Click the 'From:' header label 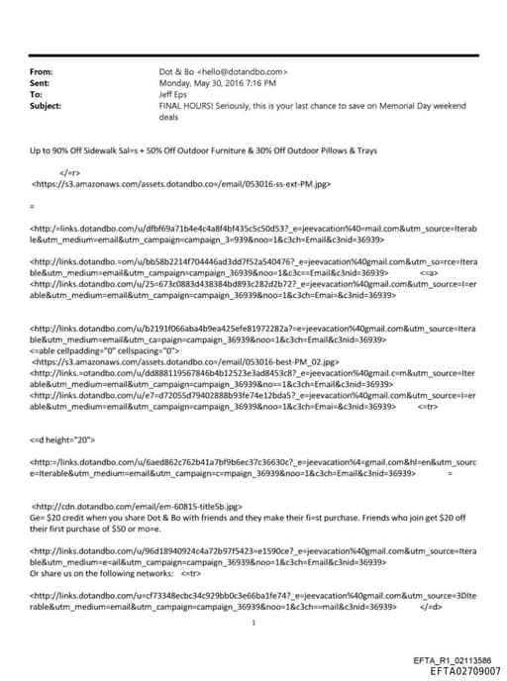pyautogui.click(x=42, y=72)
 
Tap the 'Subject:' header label pyautogui.click(x=46, y=105)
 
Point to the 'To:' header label pyautogui.click(x=37, y=94)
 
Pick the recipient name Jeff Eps pyautogui.click(x=176, y=94)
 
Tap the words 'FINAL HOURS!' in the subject pyautogui.click(x=184, y=105)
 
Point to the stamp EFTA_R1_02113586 pyautogui.click(x=451, y=658)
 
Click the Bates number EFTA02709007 pyautogui.click(x=454, y=669)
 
